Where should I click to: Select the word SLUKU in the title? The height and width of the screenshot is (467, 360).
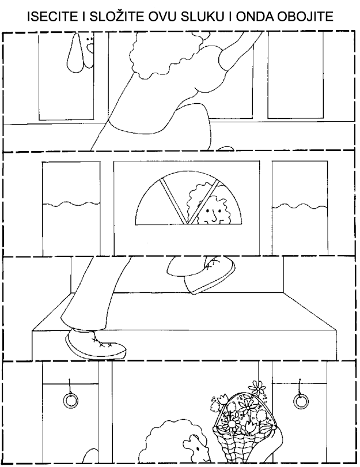(203, 17)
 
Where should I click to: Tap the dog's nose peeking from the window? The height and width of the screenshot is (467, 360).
(90, 47)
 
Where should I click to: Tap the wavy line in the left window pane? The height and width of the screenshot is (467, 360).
(71, 205)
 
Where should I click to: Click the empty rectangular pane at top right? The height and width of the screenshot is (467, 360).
(295, 74)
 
